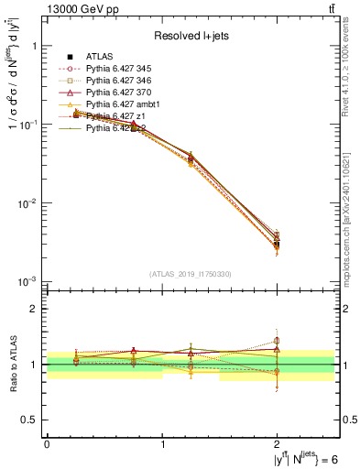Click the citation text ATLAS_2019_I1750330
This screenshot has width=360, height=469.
pyautogui.click(x=191, y=273)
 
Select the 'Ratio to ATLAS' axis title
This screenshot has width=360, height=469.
pyautogui.click(x=15, y=365)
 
